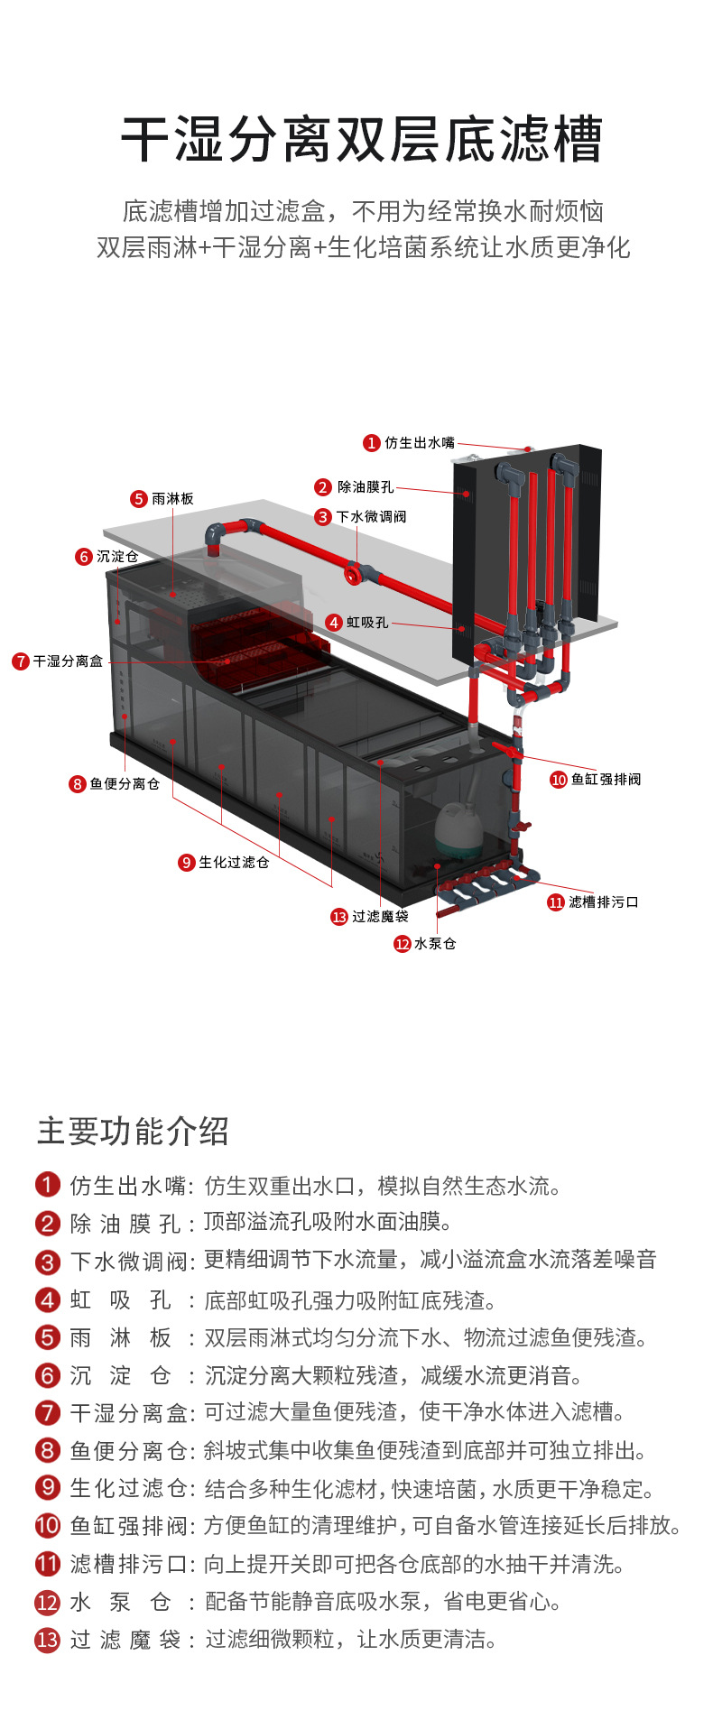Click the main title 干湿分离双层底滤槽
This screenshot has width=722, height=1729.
361,140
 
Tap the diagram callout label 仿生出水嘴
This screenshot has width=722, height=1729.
419,443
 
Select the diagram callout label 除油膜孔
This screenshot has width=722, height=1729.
365,487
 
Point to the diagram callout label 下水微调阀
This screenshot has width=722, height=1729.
371,517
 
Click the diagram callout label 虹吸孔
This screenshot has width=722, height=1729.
366,623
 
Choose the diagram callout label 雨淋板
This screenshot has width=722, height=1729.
171,499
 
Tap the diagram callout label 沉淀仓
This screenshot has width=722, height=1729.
116,557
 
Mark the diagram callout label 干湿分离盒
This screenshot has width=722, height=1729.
68,661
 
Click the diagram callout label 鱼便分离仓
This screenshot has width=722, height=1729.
124,784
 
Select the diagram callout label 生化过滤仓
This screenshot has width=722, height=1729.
233,863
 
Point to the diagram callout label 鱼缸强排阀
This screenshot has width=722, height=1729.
605,780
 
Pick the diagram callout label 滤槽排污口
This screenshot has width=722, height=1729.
603,902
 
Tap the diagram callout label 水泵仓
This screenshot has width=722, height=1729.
434,944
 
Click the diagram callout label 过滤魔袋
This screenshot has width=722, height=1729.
379,917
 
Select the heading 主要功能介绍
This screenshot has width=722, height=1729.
133,1131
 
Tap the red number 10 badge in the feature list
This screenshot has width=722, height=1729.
47,1526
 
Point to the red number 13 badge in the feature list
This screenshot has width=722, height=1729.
47,1640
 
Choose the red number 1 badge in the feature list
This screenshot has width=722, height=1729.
47,1185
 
